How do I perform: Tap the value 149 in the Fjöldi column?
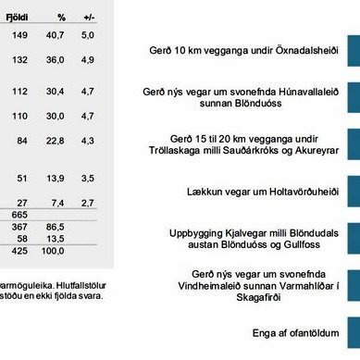19,35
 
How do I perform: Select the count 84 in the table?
22,141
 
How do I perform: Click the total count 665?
19,214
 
